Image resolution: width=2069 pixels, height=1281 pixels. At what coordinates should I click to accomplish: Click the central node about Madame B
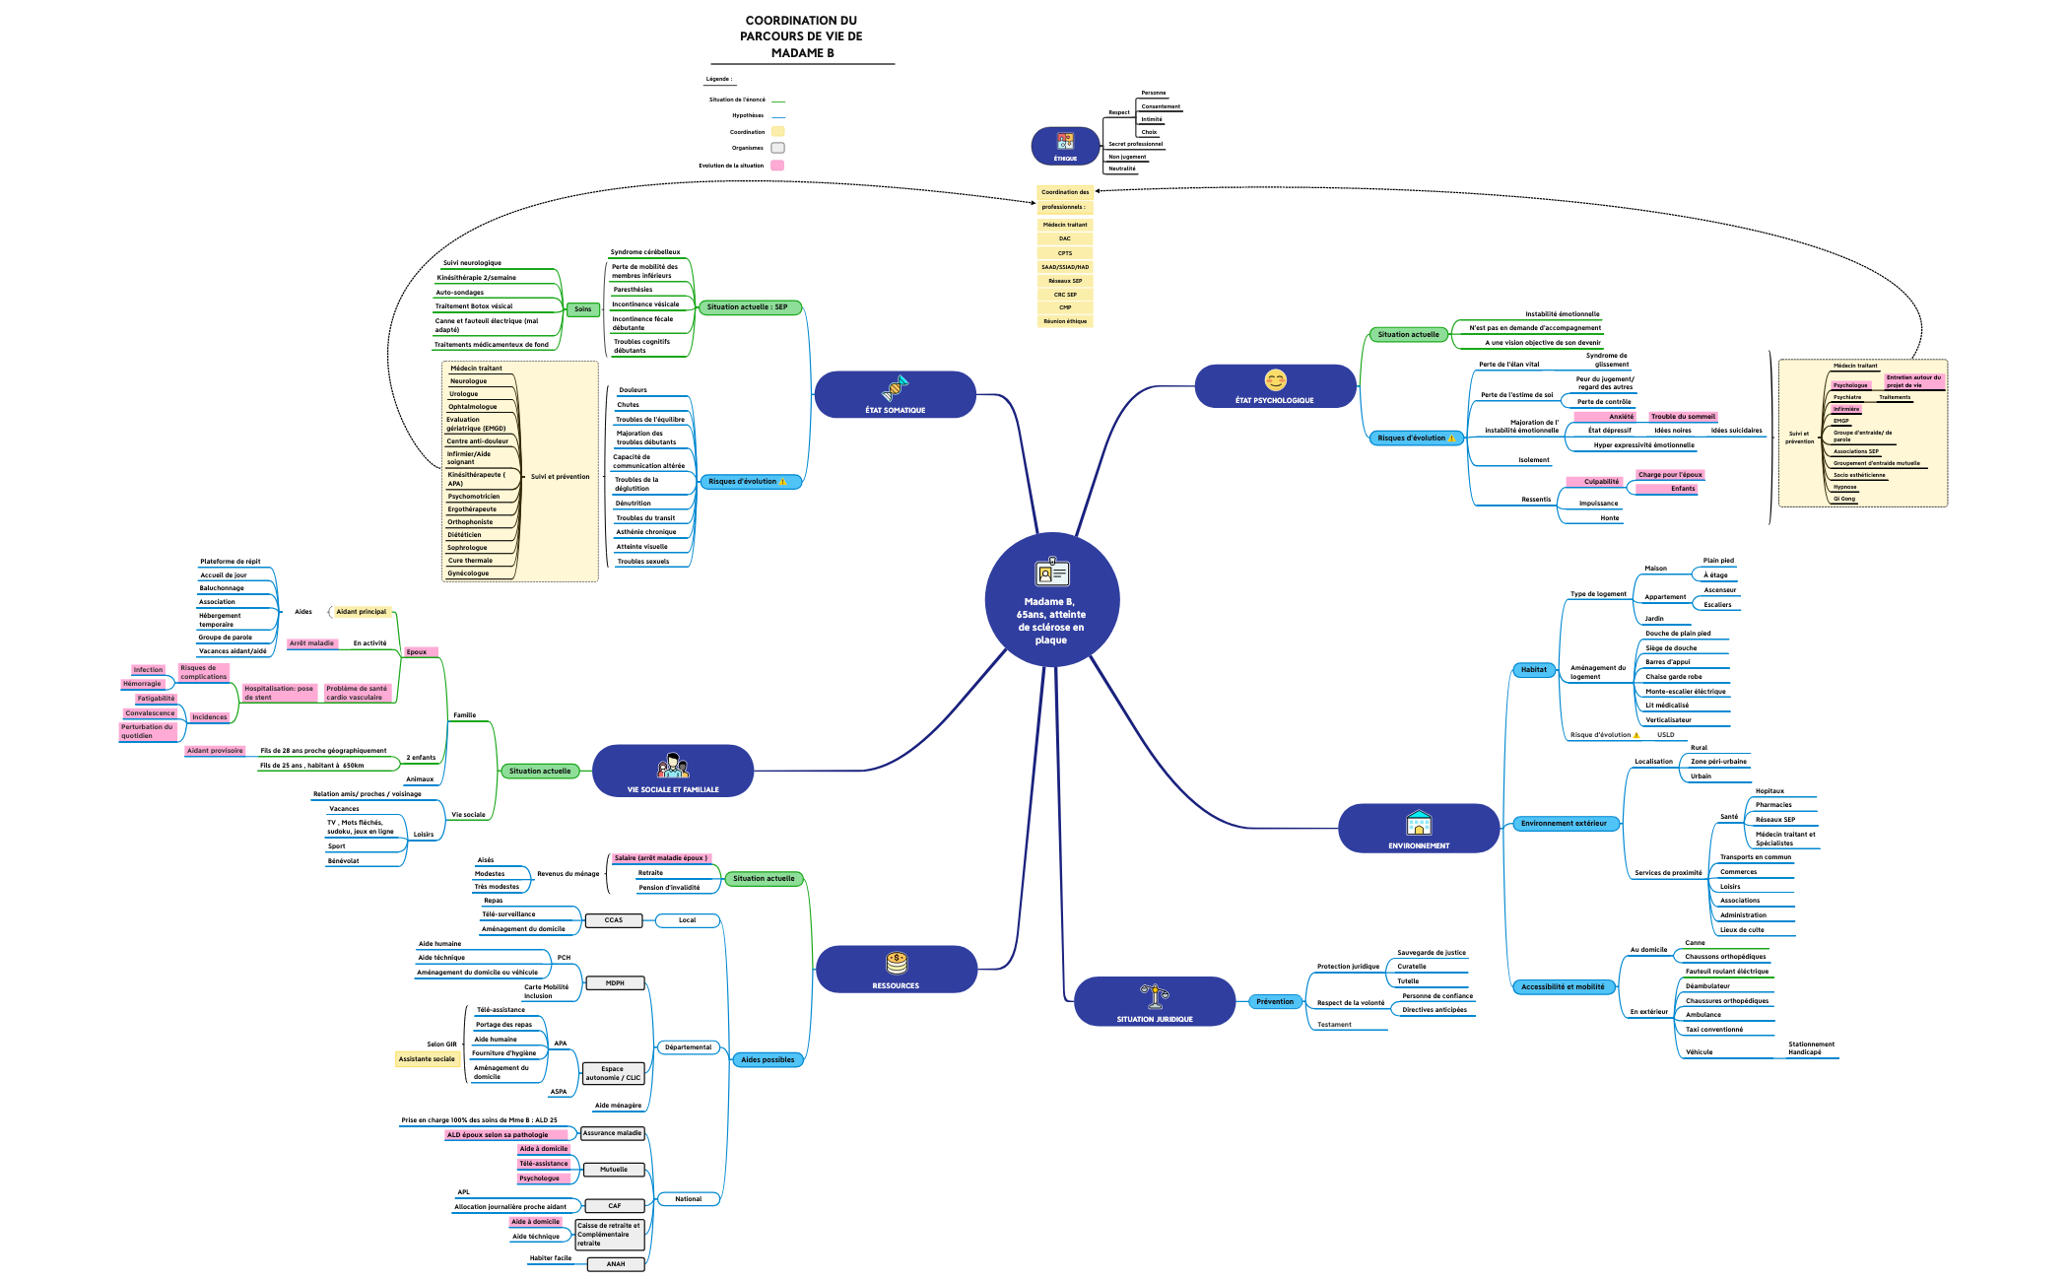(1051, 600)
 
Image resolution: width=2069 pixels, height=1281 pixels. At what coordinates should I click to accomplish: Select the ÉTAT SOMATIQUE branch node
(895, 395)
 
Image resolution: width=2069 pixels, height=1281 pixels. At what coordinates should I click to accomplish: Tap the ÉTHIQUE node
(1065, 146)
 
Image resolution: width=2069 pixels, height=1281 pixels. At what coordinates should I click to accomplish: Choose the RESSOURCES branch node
(896, 970)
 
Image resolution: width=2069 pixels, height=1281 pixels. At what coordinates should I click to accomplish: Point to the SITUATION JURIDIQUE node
(1154, 1002)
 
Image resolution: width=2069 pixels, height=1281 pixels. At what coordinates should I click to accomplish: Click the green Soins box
(583, 309)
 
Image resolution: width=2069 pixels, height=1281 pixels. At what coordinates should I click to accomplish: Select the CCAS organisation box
(614, 920)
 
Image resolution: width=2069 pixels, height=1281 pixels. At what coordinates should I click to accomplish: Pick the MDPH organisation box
(615, 983)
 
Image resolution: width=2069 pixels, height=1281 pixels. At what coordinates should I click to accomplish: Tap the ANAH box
(616, 1264)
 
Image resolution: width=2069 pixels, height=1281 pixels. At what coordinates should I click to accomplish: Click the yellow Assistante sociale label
(427, 1059)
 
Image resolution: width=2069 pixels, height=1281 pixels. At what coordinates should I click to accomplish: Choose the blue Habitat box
(1534, 670)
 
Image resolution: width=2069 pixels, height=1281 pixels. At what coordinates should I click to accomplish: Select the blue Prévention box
(1275, 1002)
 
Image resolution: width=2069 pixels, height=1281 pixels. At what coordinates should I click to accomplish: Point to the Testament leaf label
(1334, 1025)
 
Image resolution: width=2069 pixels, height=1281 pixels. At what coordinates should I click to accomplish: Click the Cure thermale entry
(470, 561)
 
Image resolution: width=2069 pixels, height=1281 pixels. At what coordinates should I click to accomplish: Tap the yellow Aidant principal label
(362, 612)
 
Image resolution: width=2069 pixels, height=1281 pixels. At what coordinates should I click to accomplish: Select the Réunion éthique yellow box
(1065, 321)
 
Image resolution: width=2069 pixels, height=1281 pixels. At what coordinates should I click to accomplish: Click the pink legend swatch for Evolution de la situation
(777, 166)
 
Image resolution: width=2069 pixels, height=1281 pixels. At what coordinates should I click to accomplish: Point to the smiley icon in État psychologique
(1275, 380)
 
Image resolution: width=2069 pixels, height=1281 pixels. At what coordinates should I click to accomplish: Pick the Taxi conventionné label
(1714, 1030)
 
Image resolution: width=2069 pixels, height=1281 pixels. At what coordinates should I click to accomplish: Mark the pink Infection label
(148, 670)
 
